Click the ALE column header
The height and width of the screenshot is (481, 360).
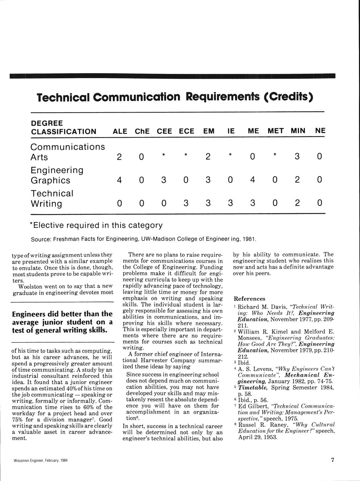point(120,131)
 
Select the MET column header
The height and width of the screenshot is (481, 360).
point(276,131)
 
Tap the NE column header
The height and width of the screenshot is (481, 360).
point(320,131)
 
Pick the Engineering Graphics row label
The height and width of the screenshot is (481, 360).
point(57,175)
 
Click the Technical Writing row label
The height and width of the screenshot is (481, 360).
point(52,198)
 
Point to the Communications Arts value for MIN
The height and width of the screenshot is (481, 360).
point(297,157)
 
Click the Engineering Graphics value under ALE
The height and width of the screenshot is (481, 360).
point(119,180)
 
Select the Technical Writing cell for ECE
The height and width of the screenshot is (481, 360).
point(186,203)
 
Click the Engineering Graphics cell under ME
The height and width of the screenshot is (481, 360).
point(253,180)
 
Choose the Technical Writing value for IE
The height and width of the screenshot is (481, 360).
point(230,203)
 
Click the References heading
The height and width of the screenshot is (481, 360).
point(249,299)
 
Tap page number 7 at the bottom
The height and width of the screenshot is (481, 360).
point(332,460)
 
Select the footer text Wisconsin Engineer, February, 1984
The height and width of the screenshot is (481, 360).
point(40,460)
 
